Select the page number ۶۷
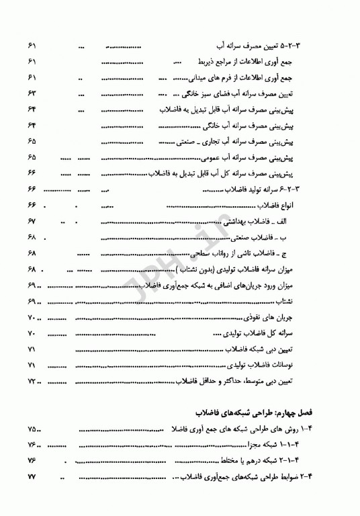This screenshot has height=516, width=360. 32,221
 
